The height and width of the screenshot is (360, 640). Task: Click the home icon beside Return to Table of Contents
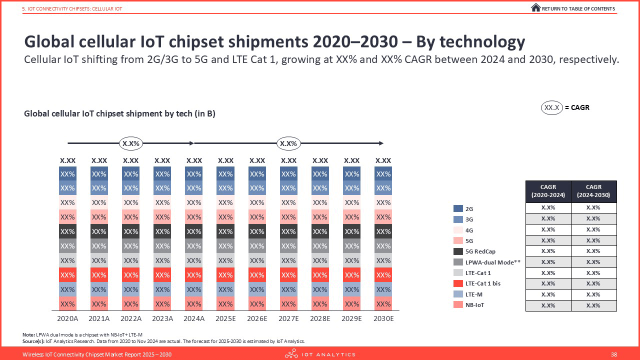coord(535,8)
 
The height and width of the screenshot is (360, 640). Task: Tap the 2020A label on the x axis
coord(68,318)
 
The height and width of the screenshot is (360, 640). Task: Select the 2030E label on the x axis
coord(383,318)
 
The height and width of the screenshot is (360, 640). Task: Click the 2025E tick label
coord(225,318)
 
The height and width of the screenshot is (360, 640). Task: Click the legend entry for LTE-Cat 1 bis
coord(482,283)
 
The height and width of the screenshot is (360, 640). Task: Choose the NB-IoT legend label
coord(475,305)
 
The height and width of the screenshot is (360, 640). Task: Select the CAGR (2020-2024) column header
coord(549,191)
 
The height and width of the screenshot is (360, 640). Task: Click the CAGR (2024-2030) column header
coord(594,191)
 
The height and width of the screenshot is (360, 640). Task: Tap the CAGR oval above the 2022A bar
coord(131,143)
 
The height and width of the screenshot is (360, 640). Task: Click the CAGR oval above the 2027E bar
coord(288,143)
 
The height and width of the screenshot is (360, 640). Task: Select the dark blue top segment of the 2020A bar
coord(68,174)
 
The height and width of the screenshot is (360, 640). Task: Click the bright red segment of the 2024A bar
coord(194,275)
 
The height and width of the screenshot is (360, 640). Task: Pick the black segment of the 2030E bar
coord(383,231)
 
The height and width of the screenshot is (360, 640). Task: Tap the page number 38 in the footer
coord(614,354)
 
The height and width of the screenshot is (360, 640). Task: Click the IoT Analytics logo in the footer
coord(320,354)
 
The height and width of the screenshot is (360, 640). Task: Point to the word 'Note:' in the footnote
coord(28,334)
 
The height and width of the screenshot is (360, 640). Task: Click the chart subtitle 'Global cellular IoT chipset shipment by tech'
coord(119,114)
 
